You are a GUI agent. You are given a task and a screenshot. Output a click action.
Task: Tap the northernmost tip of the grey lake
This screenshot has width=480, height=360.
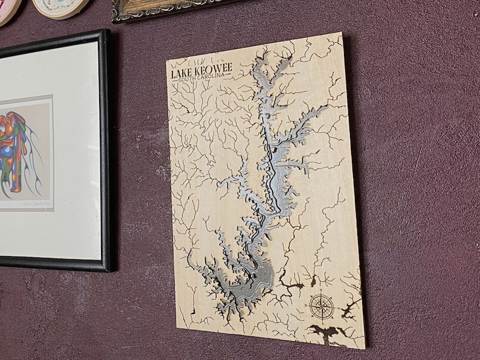tap(261, 56)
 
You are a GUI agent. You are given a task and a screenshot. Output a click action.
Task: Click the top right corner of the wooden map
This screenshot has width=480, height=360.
tap(342, 33)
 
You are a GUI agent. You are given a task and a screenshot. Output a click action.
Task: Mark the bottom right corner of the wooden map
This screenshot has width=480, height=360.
tap(365, 349)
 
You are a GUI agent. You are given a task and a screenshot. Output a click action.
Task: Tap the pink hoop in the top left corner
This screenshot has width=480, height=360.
tap(7, 9)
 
